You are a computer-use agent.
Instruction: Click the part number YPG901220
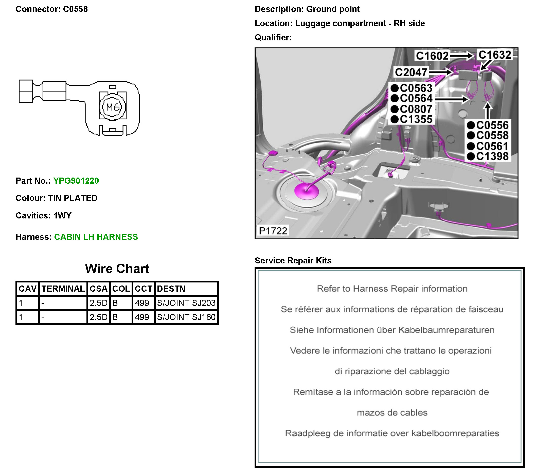(x=76, y=181)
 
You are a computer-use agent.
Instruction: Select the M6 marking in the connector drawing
(x=113, y=107)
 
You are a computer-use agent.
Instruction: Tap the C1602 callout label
(x=432, y=56)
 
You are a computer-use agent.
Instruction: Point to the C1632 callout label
(x=494, y=55)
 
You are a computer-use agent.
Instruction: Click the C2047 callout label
(x=411, y=72)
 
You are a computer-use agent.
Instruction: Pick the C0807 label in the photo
(x=416, y=109)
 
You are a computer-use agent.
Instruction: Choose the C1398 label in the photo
(x=492, y=156)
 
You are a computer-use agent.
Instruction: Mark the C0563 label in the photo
(x=416, y=88)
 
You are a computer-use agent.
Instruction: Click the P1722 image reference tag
(x=273, y=231)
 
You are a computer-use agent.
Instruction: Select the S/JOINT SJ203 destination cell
(x=186, y=303)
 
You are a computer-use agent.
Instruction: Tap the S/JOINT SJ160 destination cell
(x=186, y=317)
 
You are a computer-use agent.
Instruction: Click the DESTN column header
(x=171, y=289)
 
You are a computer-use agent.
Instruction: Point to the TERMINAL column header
(x=63, y=289)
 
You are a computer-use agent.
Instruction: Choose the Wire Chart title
(x=117, y=269)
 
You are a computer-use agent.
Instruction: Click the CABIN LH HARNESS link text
(x=96, y=237)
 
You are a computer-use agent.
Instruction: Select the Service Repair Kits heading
(x=293, y=260)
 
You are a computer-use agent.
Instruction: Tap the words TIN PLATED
(x=73, y=198)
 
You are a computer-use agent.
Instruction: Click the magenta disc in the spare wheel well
(x=307, y=191)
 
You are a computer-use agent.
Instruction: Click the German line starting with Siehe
(x=392, y=330)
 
